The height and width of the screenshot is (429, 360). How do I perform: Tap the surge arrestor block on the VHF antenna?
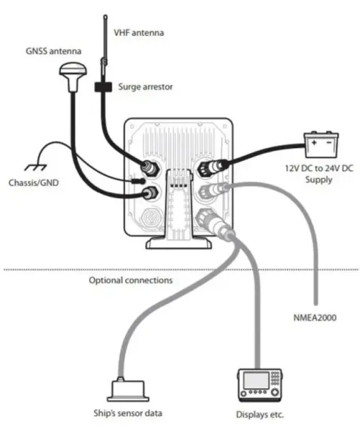click(102, 88)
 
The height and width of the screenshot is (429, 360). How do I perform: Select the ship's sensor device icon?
click(129, 389)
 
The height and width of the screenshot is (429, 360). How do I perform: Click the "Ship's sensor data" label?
click(129, 413)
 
